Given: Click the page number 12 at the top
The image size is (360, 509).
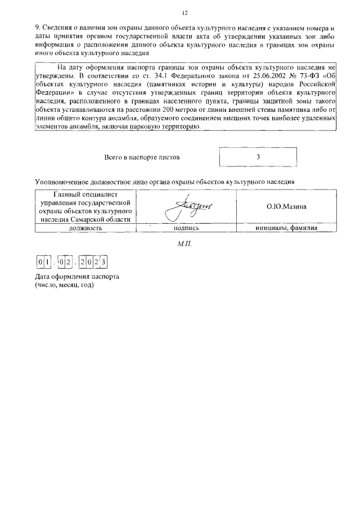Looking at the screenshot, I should tap(184, 13).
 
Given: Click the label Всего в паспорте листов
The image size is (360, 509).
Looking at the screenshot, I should tap(142, 157).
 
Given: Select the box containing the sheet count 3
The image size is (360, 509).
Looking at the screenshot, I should tap(257, 157).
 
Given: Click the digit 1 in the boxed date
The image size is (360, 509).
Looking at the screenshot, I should tap(47, 263).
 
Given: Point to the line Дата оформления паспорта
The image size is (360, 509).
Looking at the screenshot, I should tap(77, 277).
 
